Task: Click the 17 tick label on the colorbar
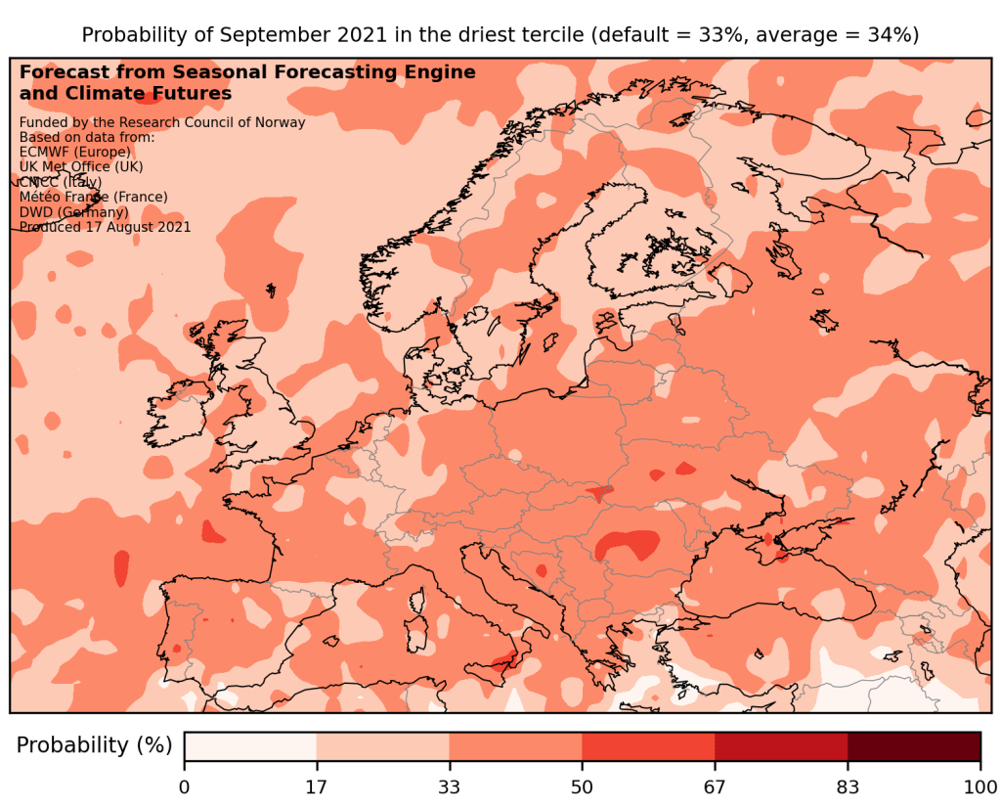(317, 787)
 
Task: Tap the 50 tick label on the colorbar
(582, 787)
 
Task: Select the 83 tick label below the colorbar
(848, 787)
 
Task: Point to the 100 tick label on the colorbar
(979, 787)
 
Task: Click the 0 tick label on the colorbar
(185, 787)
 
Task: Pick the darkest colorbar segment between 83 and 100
(913, 745)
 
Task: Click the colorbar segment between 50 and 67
(648, 745)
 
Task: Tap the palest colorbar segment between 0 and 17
(250, 745)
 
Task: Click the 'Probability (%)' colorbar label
(94, 745)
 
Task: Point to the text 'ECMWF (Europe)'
(74, 153)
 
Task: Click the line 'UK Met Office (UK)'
(81, 167)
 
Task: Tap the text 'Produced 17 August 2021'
(105, 227)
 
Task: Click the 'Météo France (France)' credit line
(93, 197)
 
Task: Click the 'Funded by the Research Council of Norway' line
(162, 122)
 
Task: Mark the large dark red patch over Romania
(627, 545)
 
